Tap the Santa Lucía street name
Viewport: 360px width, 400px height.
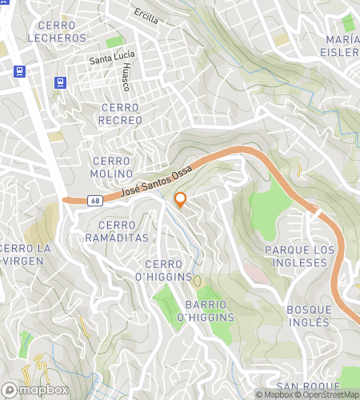(x=113, y=58)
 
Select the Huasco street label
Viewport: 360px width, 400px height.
(x=126, y=78)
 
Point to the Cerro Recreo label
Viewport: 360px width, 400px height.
(x=120, y=114)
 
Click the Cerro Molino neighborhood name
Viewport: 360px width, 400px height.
(x=112, y=167)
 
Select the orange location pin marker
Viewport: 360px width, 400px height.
(x=180, y=200)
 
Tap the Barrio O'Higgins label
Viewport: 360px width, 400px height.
(x=210, y=311)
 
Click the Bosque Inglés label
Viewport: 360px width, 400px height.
(x=308, y=315)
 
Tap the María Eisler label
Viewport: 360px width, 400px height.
(x=342, y=46)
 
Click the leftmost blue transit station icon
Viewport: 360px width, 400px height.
(x=20, y=70)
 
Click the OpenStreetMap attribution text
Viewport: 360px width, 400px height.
(x=329, y=394)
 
